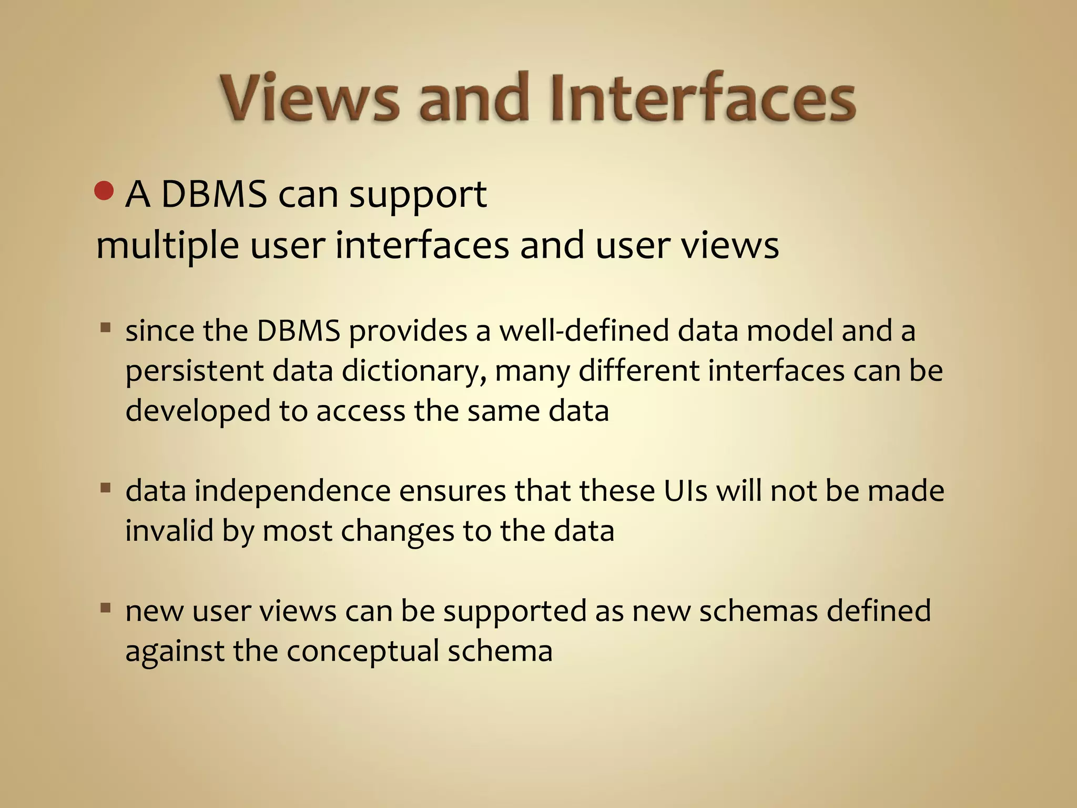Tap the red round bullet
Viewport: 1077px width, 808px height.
[x=104, y=191]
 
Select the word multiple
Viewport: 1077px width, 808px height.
[x=167, y=246]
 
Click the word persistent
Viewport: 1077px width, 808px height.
[x=195, y=371]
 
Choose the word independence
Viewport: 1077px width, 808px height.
[x=293, y=491]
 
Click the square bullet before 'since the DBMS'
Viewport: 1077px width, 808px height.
[x=106, y=329]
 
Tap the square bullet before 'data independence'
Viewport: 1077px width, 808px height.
[x=106, y=488]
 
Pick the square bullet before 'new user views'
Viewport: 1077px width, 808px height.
[x=106, y=609]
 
